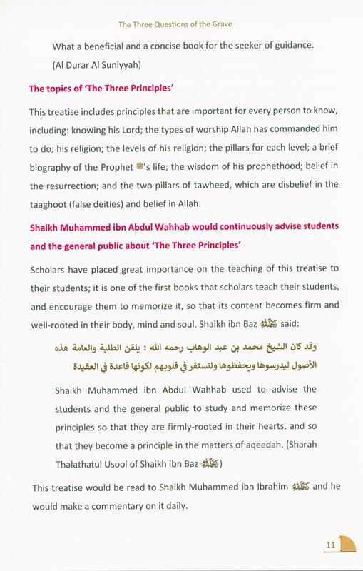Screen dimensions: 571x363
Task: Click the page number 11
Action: (x=330, y=547)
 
